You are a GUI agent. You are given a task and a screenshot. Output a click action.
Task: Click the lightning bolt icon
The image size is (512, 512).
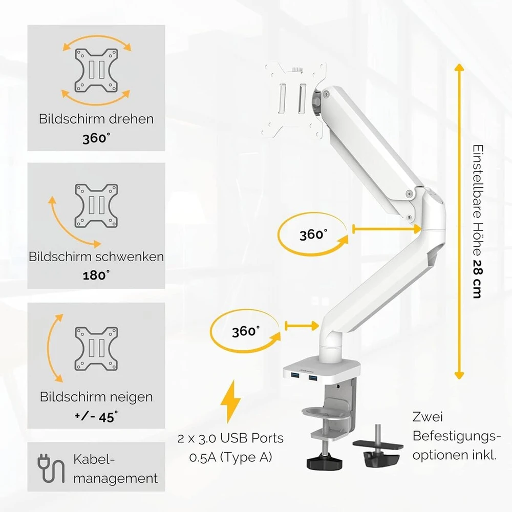231,401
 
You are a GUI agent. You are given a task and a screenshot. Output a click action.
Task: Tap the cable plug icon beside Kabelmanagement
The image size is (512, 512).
51,468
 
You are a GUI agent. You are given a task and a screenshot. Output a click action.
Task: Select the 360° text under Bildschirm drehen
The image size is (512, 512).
96,138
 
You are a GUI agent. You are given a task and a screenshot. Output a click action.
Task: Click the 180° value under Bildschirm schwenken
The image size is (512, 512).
96,275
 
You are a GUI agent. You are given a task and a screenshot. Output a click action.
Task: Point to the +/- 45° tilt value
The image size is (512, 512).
96,417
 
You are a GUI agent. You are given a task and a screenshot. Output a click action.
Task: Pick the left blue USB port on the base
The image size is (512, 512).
293,378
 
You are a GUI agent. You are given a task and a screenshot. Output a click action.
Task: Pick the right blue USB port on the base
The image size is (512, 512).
312,378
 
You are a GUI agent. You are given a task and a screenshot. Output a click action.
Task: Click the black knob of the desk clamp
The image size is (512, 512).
324,462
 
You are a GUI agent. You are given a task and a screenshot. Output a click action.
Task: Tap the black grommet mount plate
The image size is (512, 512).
378,445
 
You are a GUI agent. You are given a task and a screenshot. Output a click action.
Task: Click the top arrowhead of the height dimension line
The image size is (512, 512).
459,68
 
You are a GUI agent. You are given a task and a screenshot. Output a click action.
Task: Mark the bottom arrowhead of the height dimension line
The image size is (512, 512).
459,375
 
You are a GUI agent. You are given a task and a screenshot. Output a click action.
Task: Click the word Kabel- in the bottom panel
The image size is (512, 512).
94,459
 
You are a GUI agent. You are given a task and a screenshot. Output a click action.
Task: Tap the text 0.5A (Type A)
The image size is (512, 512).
230,457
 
